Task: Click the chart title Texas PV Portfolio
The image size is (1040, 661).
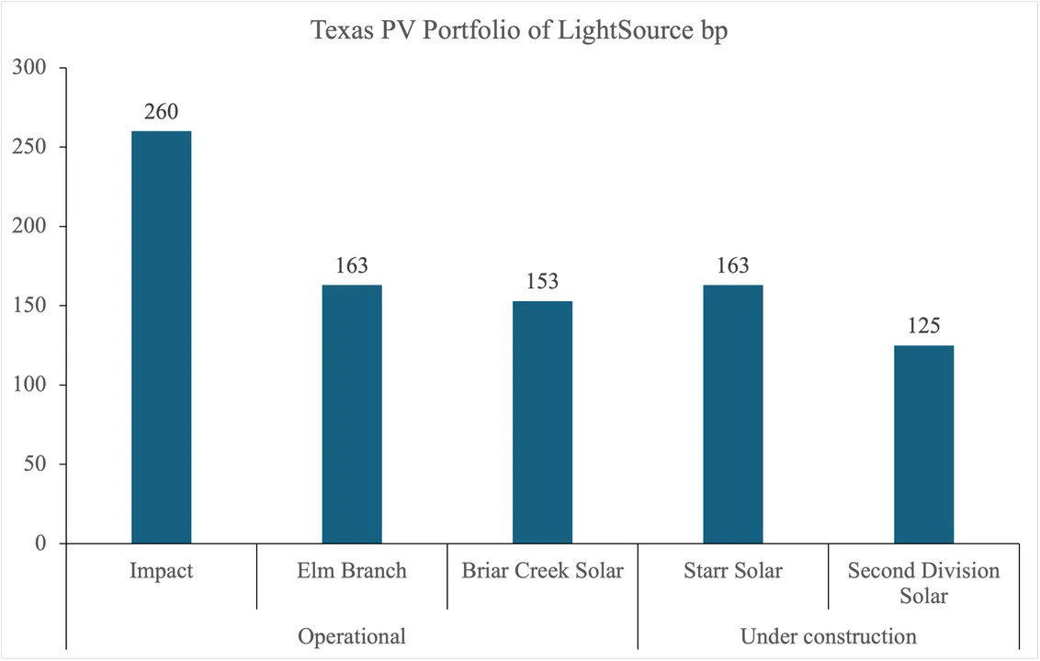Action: pyautogui.click(x=520, y=30)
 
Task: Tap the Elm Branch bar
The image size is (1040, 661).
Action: pyautogui.click(x=352, y=414)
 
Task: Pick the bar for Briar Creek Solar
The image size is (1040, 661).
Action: pyautogui.click(x=542, y=422)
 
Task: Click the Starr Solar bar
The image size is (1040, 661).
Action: pyautogui.click(x=733, y=414)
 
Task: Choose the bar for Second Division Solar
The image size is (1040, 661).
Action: pyautogui.click(x=923, y=444)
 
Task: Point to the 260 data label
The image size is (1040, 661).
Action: pyautogui.click(x=161, y=112)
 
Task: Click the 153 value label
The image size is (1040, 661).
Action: pyautogui.click(x=542, y=282)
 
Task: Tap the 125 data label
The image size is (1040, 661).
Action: pyautogui.click(x=923, y=326)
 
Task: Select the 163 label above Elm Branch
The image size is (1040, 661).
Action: pyautogui.click(x=352, y=266)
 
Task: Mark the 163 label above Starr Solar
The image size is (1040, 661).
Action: pyautogui.click(x=733, y=266)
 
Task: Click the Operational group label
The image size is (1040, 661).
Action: pyautogui.click(x=352, y=636)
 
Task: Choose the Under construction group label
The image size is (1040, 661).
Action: pyautogui.click(x=828, y=636)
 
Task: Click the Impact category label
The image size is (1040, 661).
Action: pyautogui.click(x=161, y=571)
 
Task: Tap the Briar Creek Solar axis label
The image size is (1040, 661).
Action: pyautogui.click(x=542, y=571)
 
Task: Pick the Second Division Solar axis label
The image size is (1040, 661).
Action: pyautogui.click(x=923, y=583)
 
